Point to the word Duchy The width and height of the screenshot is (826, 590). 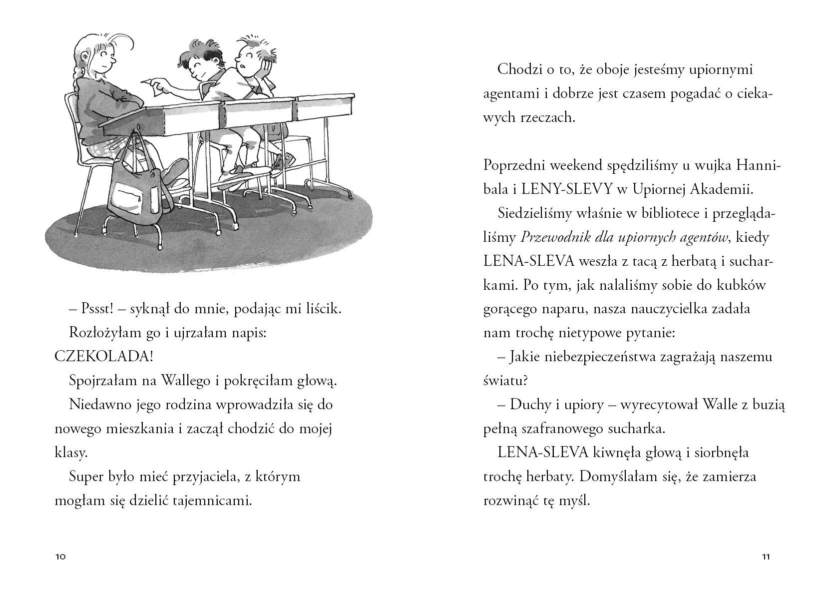point(530,405)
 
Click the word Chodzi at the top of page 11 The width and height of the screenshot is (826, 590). point(517,69)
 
